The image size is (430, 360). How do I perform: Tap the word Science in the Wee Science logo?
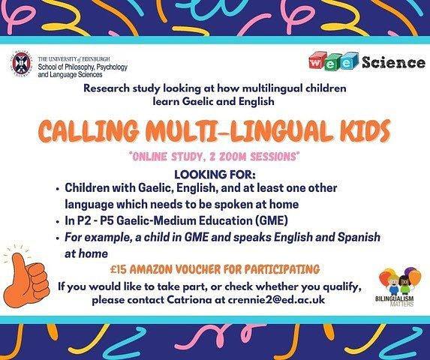click(x=393, y=62)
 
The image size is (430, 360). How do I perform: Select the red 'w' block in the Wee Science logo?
click(x=317, y=61)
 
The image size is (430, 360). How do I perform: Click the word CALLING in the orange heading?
click(x=89, y=130)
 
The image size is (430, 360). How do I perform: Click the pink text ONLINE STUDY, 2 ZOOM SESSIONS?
click(x=215, y=157)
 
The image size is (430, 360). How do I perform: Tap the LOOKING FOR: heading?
click(x=215, y=174)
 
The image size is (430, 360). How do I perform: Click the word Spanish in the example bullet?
click(x=359, y=237)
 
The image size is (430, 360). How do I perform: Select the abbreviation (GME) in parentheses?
click(x=272, y=220)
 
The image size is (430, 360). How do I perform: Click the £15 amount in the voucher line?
click(x=119, y=269)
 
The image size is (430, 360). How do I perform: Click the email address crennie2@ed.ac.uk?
click(x=276, y=299)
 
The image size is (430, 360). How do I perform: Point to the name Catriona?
click(x=189, y=299)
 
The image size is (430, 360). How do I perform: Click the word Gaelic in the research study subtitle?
click(x=196, y=101)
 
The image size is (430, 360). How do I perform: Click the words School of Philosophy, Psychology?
click(x=83, y=67)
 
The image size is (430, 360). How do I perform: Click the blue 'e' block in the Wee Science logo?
click(x=347, y=61)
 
